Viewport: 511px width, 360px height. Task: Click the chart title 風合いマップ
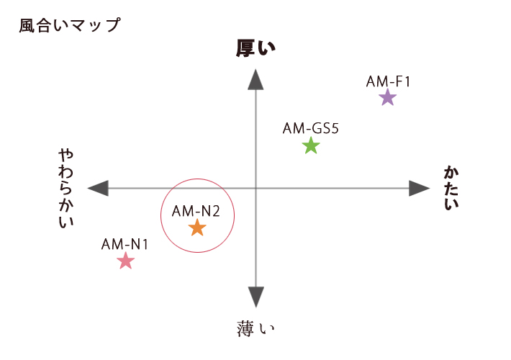coord(70,25)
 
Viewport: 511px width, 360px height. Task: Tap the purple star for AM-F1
coord(388,97)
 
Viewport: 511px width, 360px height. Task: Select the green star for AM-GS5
coord(311,145)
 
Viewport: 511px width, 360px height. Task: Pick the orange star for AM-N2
coord(197,228)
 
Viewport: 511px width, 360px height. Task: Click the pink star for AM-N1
coord(125,261)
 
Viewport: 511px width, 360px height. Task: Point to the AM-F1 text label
coord(388,81)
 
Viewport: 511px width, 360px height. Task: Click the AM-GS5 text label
coord(311,128)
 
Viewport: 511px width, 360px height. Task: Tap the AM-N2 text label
coord(196,211)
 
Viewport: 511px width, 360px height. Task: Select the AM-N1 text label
coord(125,244)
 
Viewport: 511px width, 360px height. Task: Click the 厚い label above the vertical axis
coord(256,48)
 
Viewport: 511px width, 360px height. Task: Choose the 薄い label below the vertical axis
coord(256,329)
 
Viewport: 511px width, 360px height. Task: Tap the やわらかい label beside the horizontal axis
coord(66,188)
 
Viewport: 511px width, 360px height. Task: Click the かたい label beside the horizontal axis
coord(451,188)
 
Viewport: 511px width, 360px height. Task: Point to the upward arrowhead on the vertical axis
coord(256,80)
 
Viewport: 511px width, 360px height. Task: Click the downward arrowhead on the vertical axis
coord(256,297)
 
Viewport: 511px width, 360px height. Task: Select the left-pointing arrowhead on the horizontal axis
coord(98,188)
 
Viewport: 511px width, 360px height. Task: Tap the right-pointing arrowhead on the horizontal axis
coord(420,188)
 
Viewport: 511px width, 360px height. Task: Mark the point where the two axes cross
coord(256,188)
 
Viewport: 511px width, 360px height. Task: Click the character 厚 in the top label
coord(245,48)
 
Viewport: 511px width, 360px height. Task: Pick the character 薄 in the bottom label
coord(245,329)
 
